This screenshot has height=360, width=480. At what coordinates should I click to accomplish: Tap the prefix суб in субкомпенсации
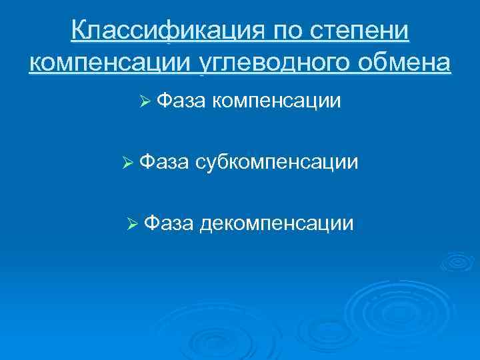coord(212,162)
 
